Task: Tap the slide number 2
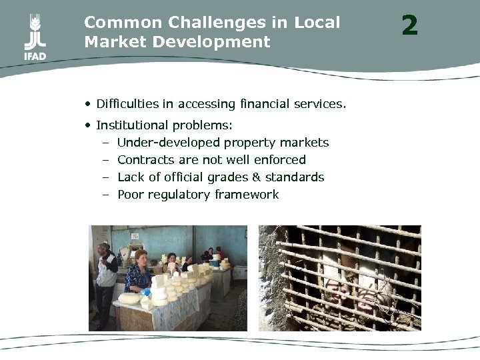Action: pos(409,26)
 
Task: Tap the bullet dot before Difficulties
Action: pos(88,104)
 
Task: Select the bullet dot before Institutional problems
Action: pos(88,125)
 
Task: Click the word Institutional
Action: pos(133,125)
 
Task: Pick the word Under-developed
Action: pos(169,143)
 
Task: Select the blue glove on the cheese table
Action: pos(145,291)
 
